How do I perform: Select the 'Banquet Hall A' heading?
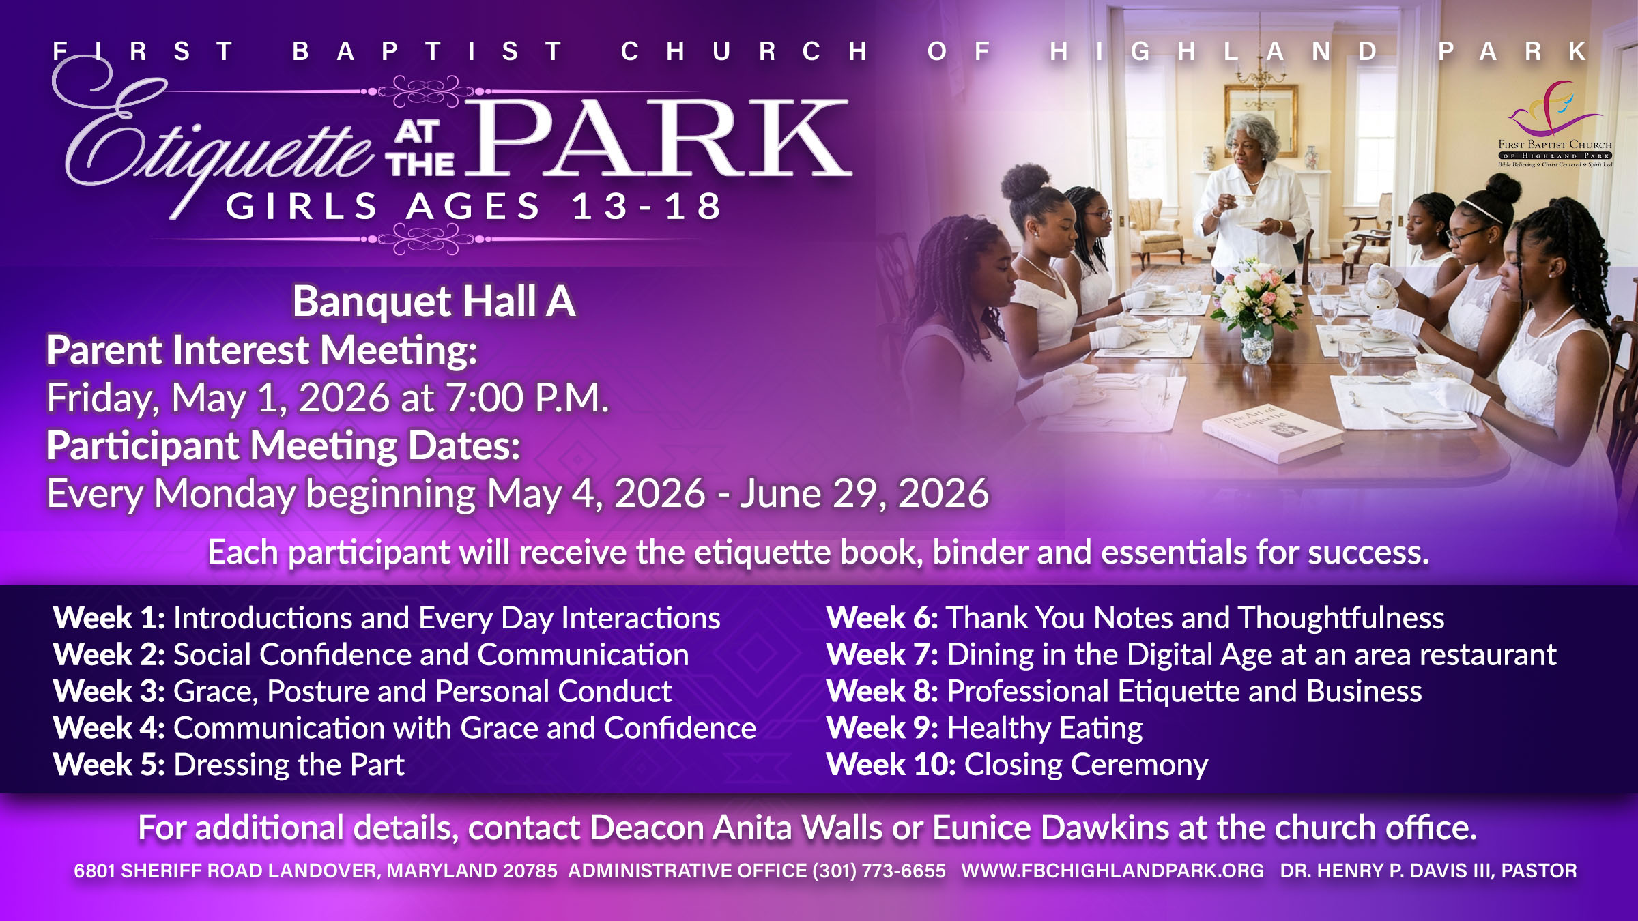[434, 301]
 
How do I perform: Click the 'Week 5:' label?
[109, 765]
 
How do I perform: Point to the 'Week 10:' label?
[891, 765]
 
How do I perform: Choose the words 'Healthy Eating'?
[1045, 729]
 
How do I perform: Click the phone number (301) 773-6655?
[879, 871]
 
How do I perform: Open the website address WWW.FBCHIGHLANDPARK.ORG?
[1112, 871]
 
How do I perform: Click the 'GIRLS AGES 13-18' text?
[474, 206]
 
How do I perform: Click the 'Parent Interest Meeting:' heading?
[262, 351]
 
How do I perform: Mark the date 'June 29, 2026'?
[865, 494]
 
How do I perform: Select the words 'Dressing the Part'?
[289, 765]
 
